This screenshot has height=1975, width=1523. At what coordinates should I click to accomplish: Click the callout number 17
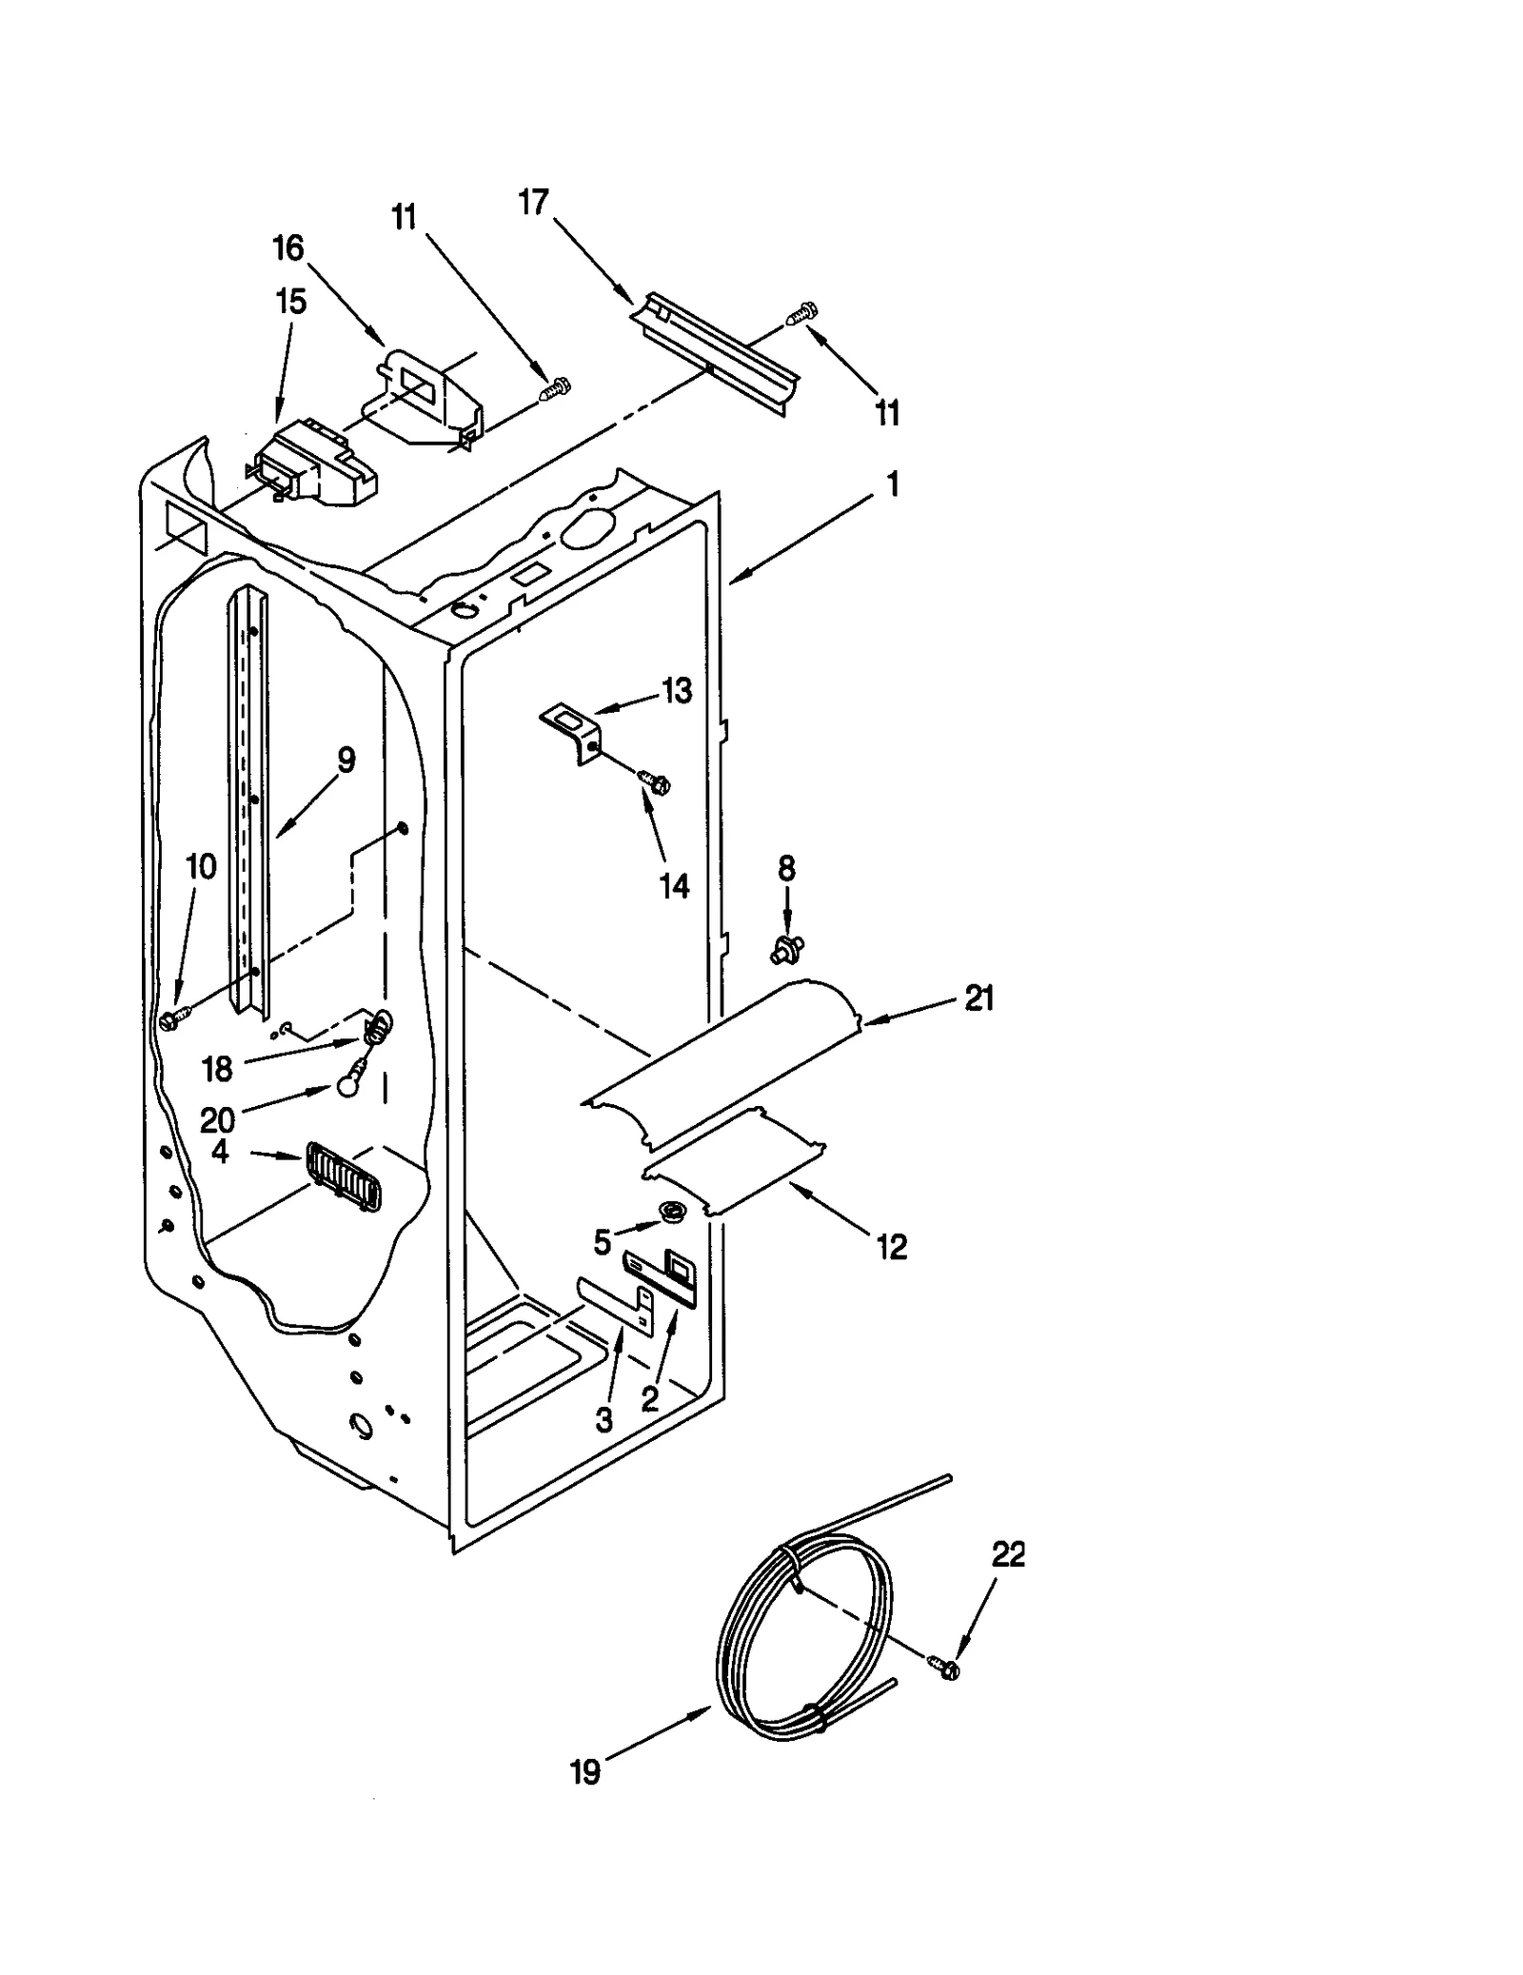(x=534, y=203)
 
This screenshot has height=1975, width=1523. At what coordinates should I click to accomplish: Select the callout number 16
(x=287, y=249)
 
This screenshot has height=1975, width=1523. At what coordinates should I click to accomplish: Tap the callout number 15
(x=290, y=303)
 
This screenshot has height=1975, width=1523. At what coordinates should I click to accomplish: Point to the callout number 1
(x=892, y=485)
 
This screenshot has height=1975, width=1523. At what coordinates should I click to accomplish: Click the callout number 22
(x=1008, y=1555)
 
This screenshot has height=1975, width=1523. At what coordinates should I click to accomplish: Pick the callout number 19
(x=584, y=1772)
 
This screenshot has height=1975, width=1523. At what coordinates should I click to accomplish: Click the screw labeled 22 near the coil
(x=945, y=1665)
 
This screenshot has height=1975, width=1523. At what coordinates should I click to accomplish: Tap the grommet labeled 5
(x=674, y=1213)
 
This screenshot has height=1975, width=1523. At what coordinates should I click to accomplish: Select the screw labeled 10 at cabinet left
(x=171, y=1019)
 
